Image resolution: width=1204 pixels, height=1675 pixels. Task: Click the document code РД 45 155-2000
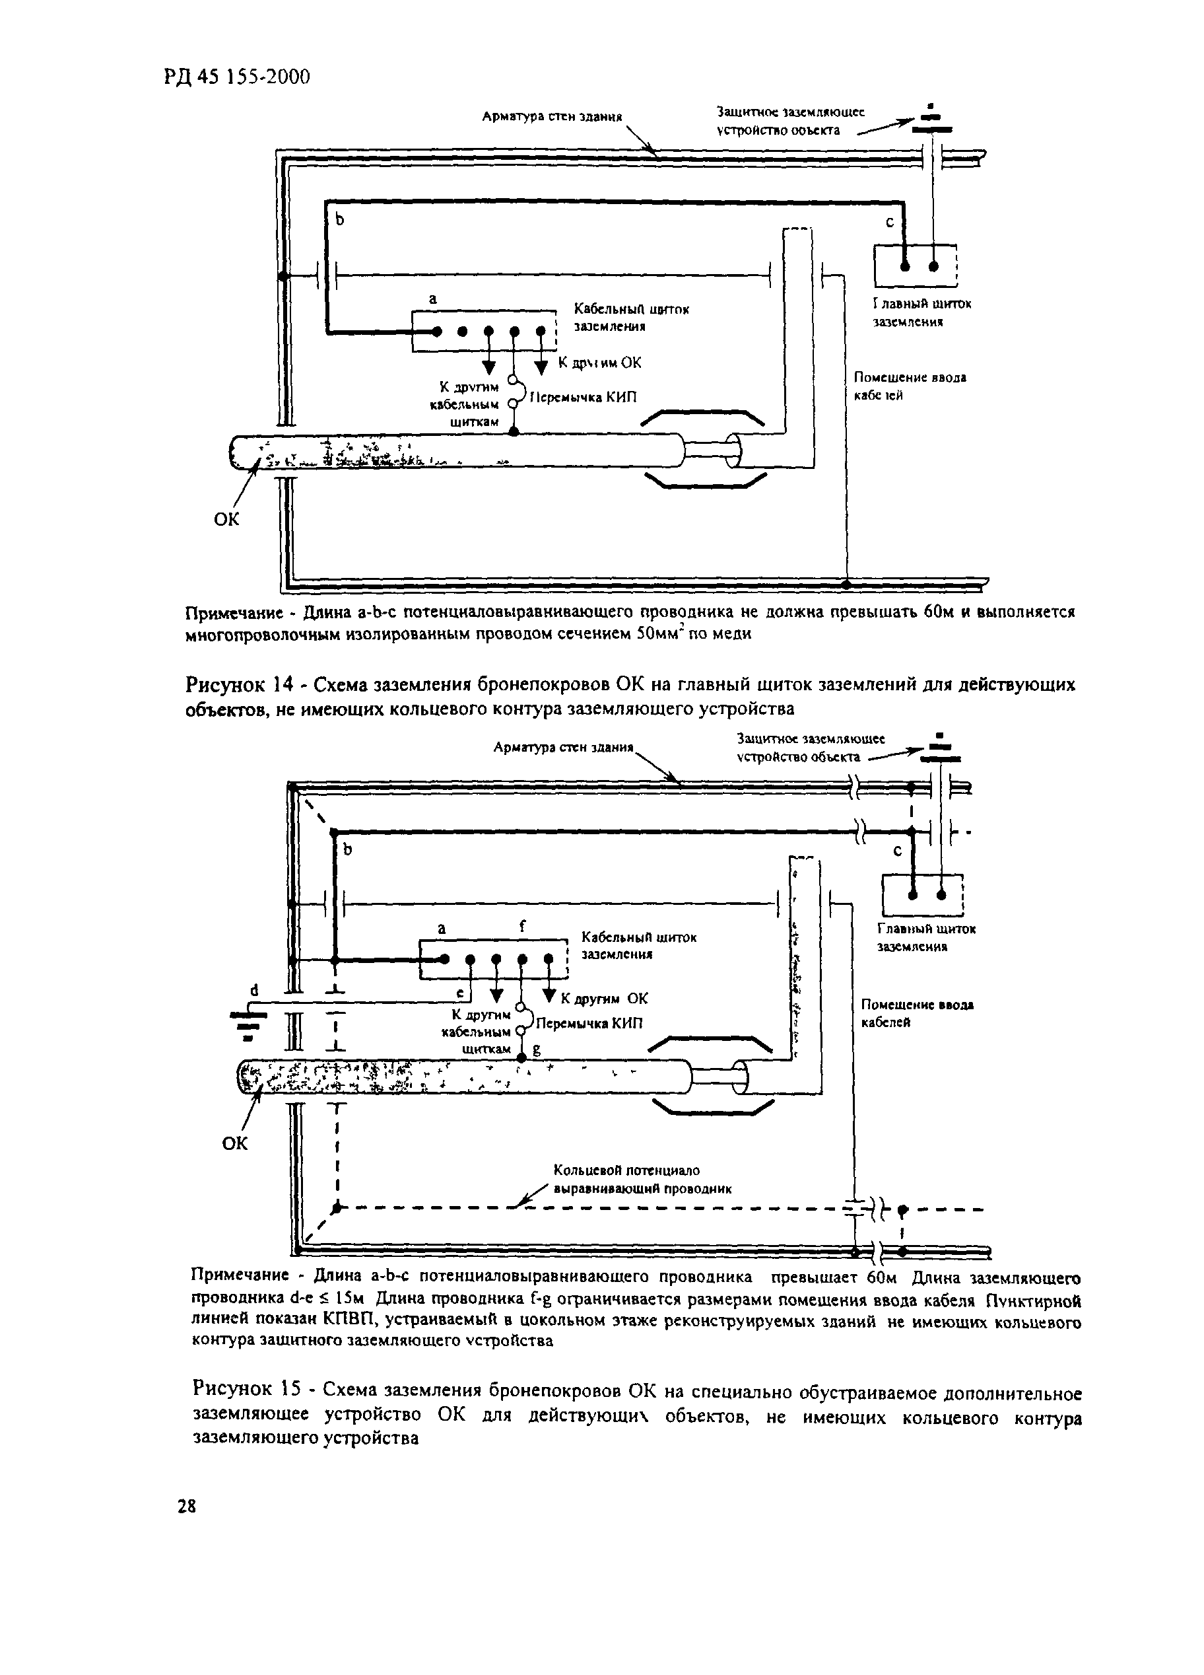236,76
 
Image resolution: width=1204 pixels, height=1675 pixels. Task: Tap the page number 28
187,1507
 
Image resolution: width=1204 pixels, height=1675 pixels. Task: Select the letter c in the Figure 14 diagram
890,221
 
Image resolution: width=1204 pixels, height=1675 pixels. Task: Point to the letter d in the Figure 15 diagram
254,989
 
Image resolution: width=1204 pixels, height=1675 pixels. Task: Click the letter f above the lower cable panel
523,925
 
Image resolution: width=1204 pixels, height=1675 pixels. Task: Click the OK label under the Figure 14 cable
226,519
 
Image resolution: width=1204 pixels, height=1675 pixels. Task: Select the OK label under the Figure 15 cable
235,1143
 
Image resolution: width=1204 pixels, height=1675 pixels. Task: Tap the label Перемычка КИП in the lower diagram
589,1023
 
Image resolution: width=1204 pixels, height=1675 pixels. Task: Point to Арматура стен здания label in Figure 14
552,116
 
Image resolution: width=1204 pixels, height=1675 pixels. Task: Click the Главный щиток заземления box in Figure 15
923,895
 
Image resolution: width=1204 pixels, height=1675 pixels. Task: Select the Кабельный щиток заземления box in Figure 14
484,332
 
